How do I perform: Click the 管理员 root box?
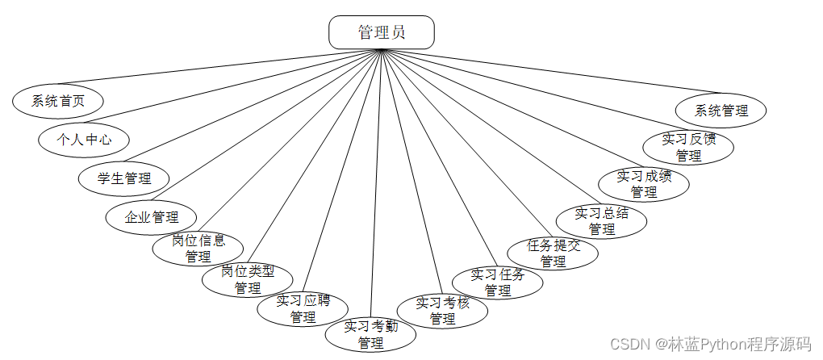tap(382, 32)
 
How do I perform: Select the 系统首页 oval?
tap(58, 101)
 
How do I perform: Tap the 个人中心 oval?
tap(84, 139)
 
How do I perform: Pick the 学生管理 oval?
tap(124, 178)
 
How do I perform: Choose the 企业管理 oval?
tap(152, 216)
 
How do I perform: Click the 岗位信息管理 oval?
tap(198, 249)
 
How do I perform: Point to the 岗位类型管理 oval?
tap(247, 279)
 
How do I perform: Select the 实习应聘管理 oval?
tap(303, 309)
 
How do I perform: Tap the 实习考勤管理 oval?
tap(371, 334)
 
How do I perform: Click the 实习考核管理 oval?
tap(442, 311)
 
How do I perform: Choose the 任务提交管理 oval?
tap(553, 253)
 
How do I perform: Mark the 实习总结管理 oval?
tap(601, 221)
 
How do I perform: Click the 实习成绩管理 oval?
tap(644, 184)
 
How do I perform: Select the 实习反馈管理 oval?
tap(688, 147)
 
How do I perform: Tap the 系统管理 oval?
tap(721, 111)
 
